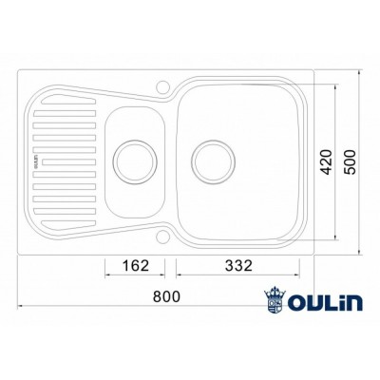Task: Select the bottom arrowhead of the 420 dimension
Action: click(339, 240)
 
